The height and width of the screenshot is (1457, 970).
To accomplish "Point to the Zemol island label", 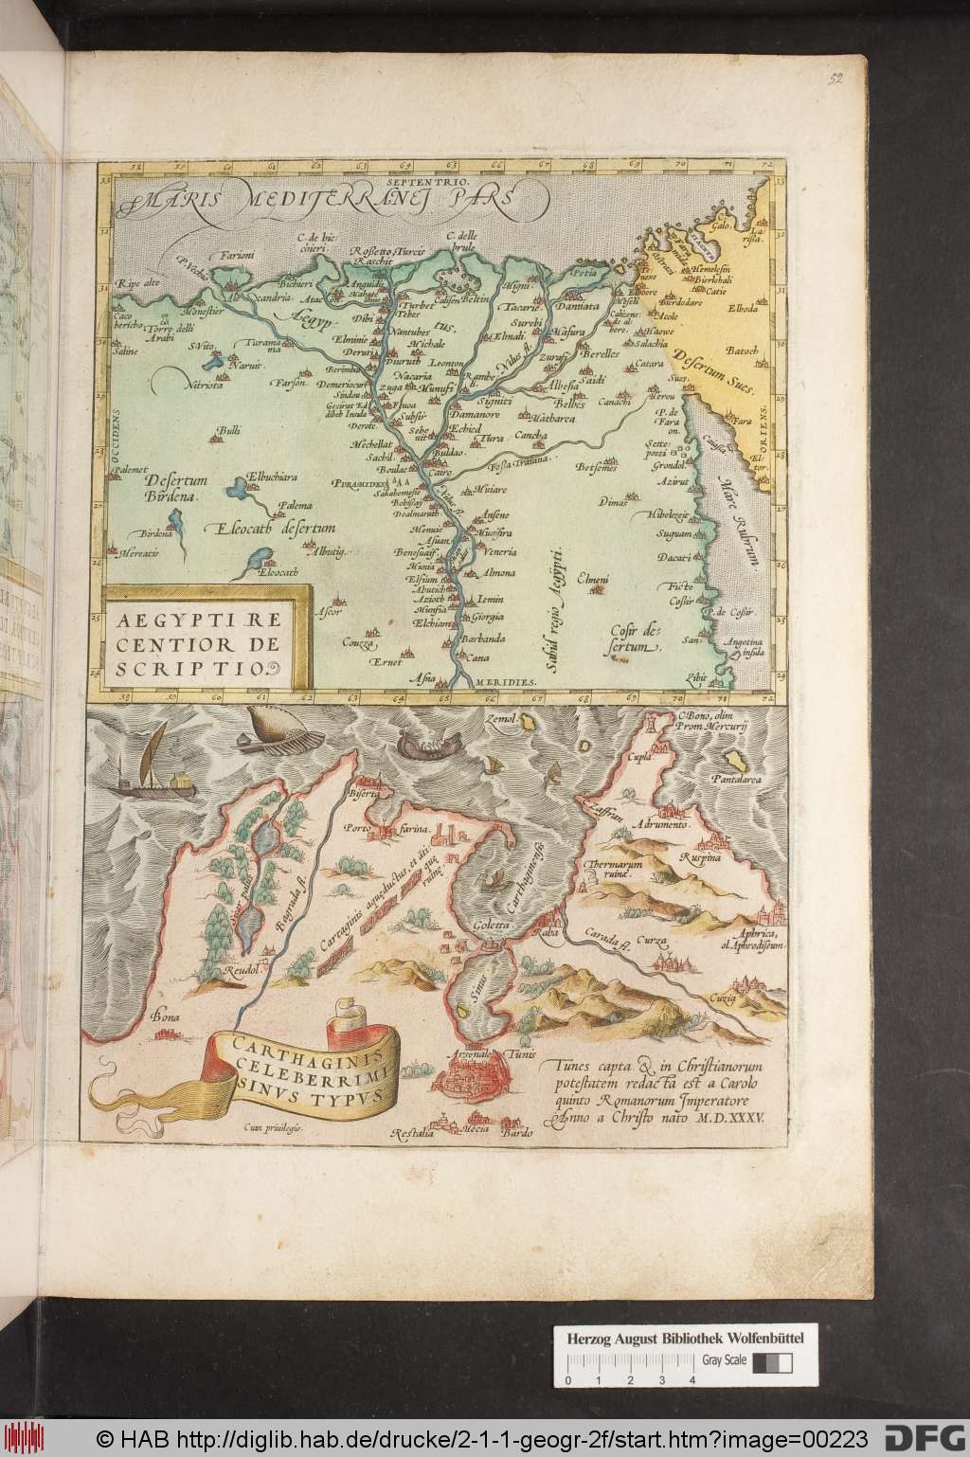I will (503, 720).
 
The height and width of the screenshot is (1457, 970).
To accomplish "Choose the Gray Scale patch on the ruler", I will (772, 1337).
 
